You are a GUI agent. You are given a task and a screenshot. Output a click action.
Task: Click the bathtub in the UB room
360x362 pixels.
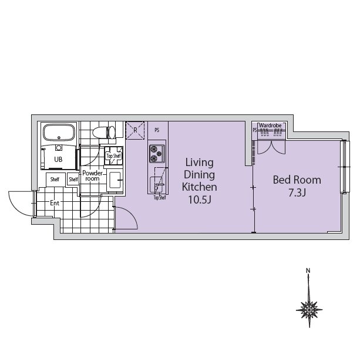click(x=59, y=133)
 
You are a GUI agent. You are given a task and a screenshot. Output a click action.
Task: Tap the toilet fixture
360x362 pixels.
click(x=104, y=132)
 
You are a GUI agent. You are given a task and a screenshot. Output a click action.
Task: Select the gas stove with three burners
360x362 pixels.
click(x=157, y=154)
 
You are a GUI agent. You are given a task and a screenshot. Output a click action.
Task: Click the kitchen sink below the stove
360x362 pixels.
click(x=156, y=185)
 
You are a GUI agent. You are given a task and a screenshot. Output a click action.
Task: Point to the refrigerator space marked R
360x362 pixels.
click(x=135, y=130)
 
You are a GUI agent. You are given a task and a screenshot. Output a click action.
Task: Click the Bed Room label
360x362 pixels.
click(x=297, y=180)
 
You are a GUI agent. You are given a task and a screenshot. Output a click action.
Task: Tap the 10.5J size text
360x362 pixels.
click(x=200, y=199)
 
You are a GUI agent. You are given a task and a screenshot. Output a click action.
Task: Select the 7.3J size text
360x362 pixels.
click(x=297, y=193)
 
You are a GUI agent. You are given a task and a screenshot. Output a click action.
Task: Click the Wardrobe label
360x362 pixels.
click(x=270, y=126)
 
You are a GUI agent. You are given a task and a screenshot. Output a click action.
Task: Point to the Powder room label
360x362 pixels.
click(x=92, y=175)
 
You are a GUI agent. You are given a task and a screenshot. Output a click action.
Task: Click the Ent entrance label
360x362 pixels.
click(x=55, y=203)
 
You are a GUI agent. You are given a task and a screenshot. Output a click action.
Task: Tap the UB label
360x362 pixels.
click(x=58, y=160)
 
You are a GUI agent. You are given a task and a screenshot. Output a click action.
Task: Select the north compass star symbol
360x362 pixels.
click(x=309, y=310)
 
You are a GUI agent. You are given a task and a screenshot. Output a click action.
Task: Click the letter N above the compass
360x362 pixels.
click(x=308, y=270)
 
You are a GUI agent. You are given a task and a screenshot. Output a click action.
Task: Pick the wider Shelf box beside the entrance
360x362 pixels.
click(x=55, y=180)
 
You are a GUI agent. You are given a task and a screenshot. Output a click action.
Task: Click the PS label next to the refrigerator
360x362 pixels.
click(x=157, y=130)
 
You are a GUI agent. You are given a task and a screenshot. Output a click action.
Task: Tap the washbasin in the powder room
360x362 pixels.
click(x=115, y=180)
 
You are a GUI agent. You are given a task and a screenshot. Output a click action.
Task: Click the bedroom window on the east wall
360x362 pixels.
click(x=345, y=167)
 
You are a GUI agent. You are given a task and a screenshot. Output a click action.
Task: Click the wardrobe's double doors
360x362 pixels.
click(x=271, y=147)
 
